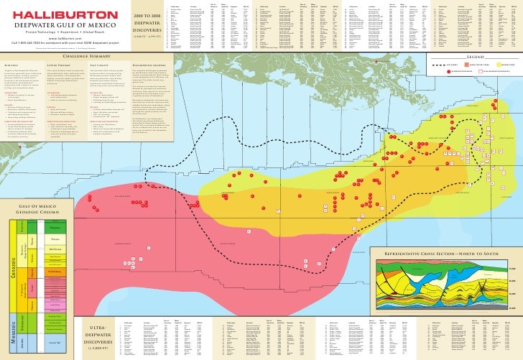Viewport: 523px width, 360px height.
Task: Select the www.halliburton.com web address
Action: point(60,38)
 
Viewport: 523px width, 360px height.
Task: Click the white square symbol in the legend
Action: point(481,72)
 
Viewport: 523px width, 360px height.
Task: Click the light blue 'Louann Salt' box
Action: point(54,342)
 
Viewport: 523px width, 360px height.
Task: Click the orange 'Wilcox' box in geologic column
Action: point(54,272)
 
